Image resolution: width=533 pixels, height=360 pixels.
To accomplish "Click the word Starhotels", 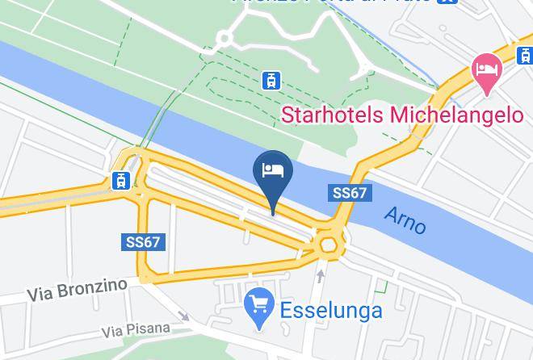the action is [x=333, y=115].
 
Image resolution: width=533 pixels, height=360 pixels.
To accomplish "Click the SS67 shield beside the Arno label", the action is [x=350, y=194].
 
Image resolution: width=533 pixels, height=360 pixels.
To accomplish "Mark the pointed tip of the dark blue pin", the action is [x=273, y=215].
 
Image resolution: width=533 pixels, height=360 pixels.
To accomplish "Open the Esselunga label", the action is [x=330, y=309].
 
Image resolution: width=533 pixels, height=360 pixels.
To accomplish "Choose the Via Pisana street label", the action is [x=136, y=329].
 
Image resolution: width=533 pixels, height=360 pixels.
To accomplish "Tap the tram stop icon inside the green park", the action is [x=271, y=80].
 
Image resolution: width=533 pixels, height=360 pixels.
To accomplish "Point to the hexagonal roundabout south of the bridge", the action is [x=329, y=243].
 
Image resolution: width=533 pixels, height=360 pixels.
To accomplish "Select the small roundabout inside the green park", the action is [x=225, y=38].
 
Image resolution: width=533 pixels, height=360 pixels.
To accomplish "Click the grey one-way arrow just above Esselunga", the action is [x=321, y=276].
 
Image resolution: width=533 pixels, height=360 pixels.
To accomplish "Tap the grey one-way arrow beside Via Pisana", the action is [x=184, y=317].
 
